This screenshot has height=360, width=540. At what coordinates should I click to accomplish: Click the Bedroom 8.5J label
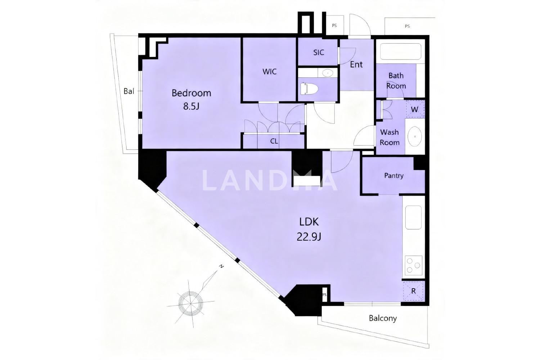pyautogui.click(x=192, y=99)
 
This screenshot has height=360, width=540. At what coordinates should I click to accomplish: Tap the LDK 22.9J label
pyautogui.click(x=309, y=229)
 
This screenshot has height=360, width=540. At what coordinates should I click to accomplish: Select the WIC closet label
pyautogui.click(x=270, y=72)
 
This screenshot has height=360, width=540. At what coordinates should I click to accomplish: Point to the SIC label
pyautogui.click(x=319, y=53)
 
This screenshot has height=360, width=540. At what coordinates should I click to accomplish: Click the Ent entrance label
pyautogui.click(x=356, y=64)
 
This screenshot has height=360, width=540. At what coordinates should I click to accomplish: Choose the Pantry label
pyautogui.click(x=394, y=176)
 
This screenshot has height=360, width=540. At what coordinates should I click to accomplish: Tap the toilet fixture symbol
pyautogui.click(x=309, y=89)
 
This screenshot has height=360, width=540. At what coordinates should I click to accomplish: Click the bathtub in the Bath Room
pyautogui.click(x=400, y=51)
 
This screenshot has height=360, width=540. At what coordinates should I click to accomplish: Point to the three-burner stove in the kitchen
pyautogui.click(x=413, y=265)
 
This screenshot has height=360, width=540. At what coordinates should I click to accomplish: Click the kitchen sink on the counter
pyautogui.click(x=413, y=217)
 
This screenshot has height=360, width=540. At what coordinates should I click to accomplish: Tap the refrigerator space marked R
pyautogui.click(x=413, y=291)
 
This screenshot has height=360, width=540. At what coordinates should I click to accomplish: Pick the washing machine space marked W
pyautogui.click(x=415, y=109)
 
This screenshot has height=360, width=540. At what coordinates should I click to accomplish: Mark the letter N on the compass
pyautogui.click(x=221, y=266)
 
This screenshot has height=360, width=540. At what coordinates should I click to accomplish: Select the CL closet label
pyautogui.click(x=274, y=141)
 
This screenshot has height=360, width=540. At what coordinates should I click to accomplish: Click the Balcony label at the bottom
pyautogui.click(x=383, y=318)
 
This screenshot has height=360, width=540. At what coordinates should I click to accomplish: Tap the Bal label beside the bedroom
pyautogui.click(x=129, y=91)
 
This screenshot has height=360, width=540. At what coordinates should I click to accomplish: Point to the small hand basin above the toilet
pyautogui.click(x=328, y=73)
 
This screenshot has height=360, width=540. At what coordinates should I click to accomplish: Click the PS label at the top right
pyautogui.click(x=407, y=26)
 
